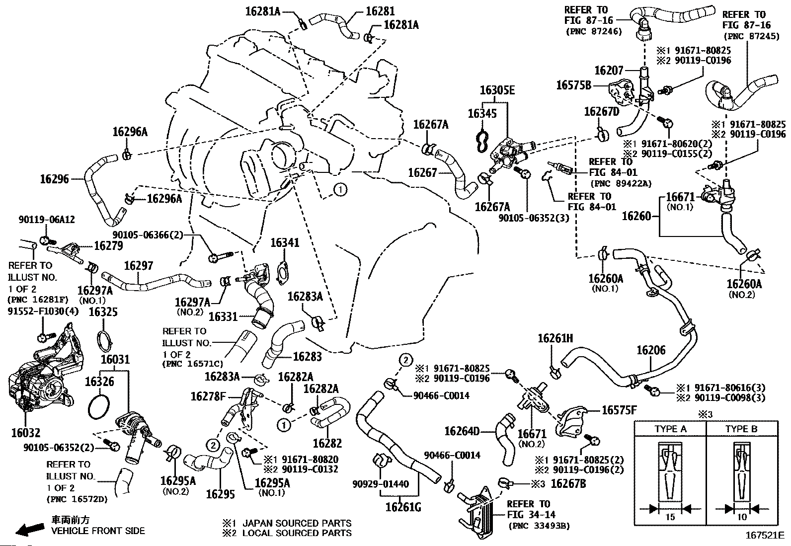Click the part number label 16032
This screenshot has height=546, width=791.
click(25, 433)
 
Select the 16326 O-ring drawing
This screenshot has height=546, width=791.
click(98, 406)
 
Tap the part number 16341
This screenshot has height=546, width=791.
click(285, 243)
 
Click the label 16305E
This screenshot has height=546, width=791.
click(497, 90)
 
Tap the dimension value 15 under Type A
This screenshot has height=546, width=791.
click(670, 517)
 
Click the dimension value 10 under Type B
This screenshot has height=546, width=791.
click(742, 517)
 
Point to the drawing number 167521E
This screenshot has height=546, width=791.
click(764, 536)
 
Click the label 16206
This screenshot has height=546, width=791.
click(651, 351)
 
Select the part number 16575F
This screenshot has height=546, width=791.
click(619, 410)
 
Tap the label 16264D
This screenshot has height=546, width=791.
click(462, 431)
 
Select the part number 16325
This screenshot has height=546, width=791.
click(103, 312)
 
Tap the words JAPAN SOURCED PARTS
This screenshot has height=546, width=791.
click(297, 523)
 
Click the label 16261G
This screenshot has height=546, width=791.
click(403, 507)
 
